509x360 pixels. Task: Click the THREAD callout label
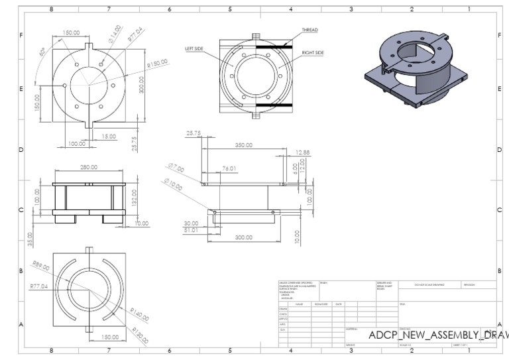pos(310,30)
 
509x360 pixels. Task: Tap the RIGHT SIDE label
pos(313,52)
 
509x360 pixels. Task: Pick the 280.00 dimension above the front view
pos(89,167)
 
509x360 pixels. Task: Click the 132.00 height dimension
pos(135,197)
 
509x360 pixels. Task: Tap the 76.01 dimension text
pos(229,168)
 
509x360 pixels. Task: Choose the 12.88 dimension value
pos(302,153)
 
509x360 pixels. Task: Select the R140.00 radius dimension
pos(140,314)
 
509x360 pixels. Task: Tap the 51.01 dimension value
pos(191,230)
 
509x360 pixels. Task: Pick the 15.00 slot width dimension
pos(107,137)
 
